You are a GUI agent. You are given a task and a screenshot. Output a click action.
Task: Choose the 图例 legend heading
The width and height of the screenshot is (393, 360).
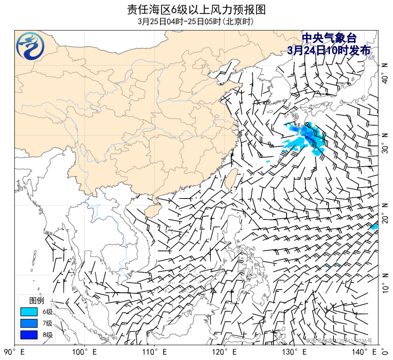tap(37, 301)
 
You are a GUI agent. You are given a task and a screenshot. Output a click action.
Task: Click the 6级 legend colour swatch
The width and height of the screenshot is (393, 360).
tap(28, 312)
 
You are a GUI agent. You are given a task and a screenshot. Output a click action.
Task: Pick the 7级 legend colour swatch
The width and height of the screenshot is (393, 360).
tap(28, 323)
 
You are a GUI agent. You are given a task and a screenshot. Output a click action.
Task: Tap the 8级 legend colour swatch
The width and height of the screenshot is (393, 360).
tap(28, 335)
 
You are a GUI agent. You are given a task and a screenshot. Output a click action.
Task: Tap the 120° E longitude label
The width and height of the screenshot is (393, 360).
tap(225, 353)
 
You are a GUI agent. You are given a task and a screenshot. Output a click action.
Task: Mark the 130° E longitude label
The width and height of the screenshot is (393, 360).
tap(295, 353)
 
